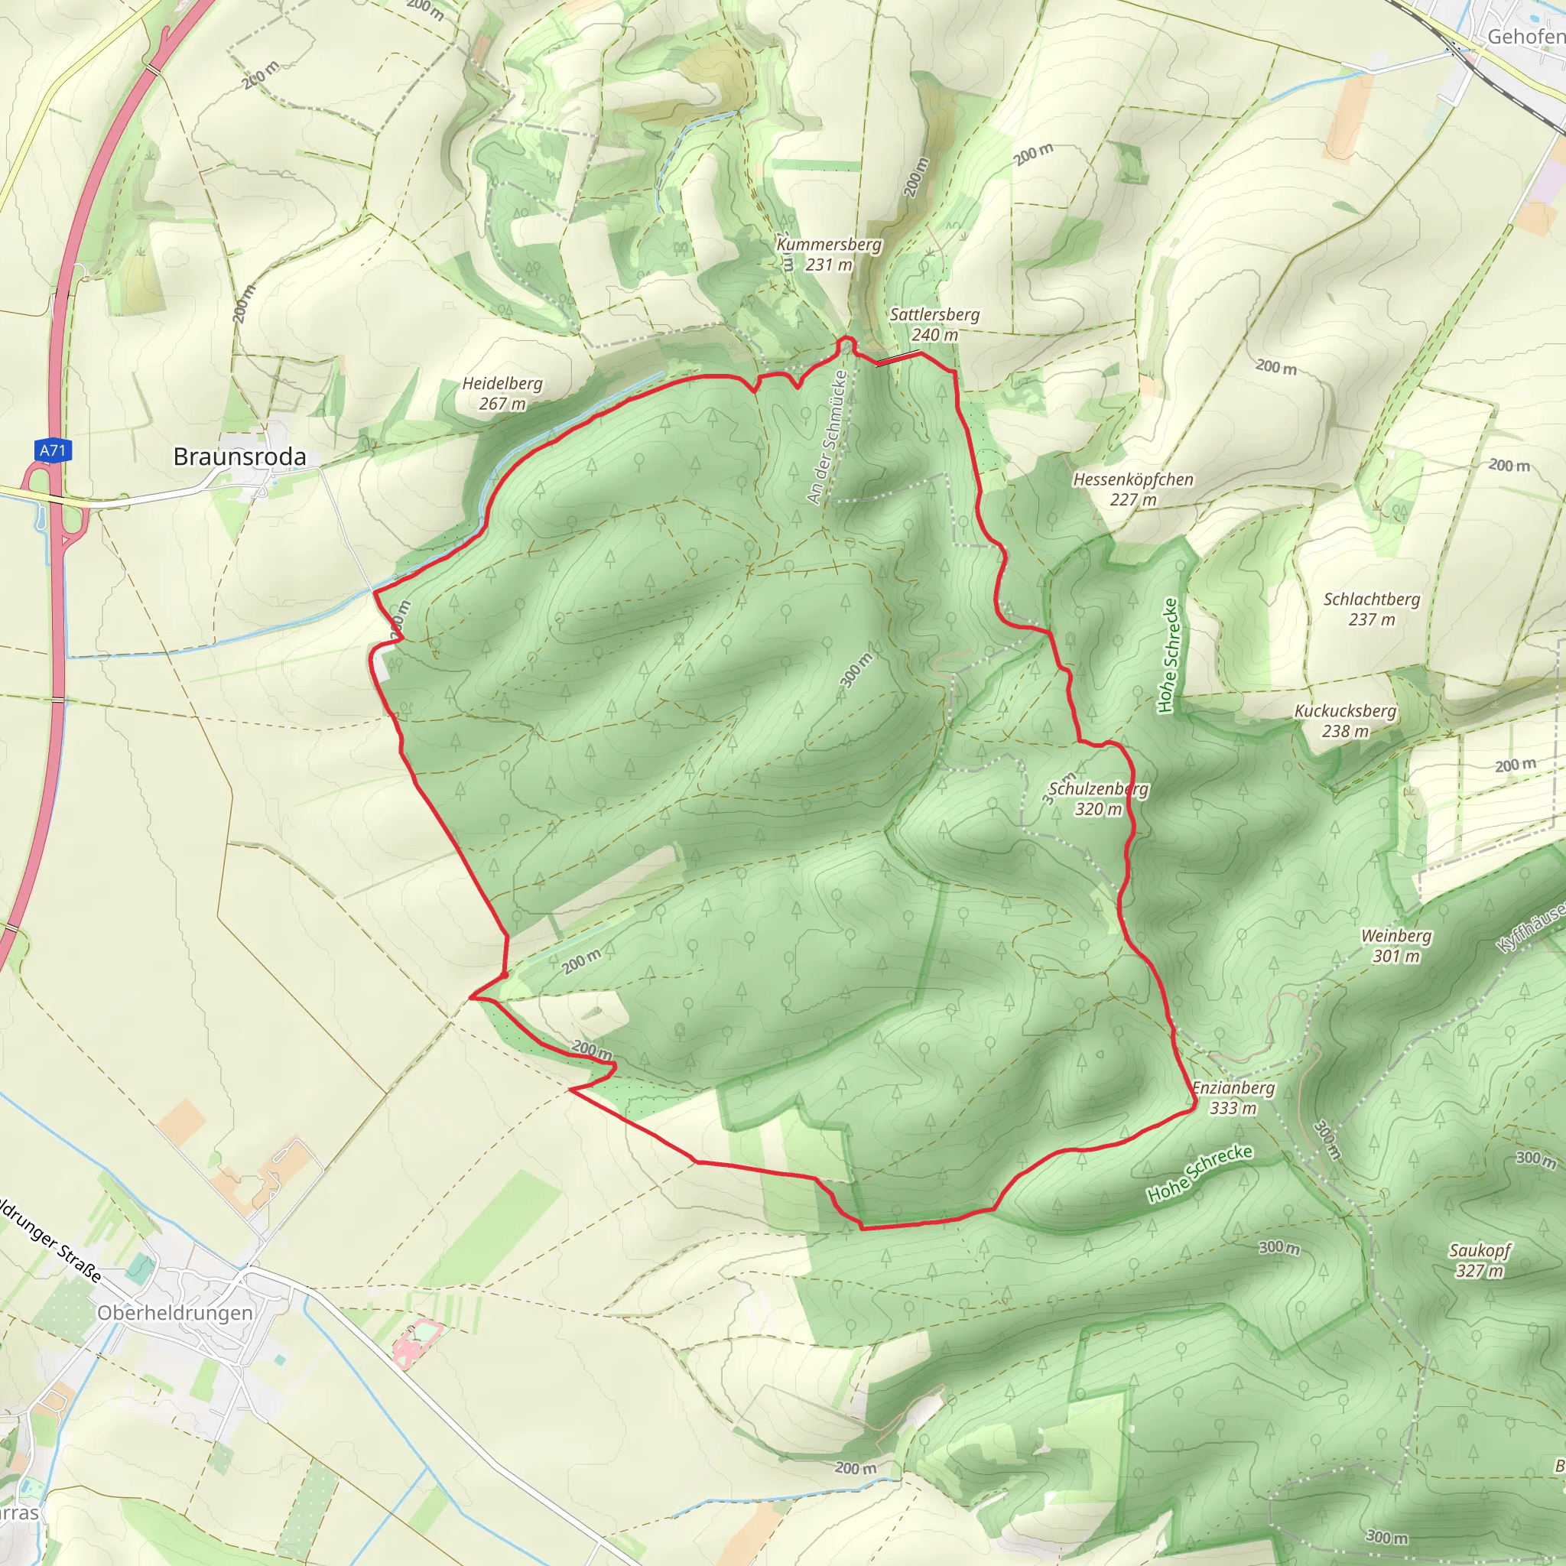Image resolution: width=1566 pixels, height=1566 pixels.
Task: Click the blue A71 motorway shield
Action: [53, 450]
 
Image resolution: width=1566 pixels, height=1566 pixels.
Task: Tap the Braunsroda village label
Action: [240, 457]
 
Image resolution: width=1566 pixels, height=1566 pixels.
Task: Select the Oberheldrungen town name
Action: [175, 1313]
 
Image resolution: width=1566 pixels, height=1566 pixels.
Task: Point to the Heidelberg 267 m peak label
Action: [502, 394]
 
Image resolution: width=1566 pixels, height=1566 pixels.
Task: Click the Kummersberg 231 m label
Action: [829, 255]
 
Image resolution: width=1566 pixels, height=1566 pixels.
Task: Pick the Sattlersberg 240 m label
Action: [934, 324]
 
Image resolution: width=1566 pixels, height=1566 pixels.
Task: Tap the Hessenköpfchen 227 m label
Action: [1133, 489]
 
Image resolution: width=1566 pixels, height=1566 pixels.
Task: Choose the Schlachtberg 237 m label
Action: [1372, 609]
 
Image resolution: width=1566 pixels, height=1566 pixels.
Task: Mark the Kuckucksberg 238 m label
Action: [1346, 720]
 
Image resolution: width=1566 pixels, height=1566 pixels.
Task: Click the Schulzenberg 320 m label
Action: [1098, 799]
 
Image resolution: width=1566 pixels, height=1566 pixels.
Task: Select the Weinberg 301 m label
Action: [1395, 946]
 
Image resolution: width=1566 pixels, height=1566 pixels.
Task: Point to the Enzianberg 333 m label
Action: [1233, 1098]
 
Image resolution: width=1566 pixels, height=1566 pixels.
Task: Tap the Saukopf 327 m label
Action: [1480, 1260]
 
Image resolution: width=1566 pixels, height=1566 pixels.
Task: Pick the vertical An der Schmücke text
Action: [827, 437]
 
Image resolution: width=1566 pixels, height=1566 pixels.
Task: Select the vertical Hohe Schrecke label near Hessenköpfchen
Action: [1169, 656]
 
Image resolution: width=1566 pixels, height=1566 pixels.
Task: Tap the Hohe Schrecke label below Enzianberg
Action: [1200, 1173]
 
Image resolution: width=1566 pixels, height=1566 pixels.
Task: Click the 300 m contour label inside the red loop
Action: [856, 671]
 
